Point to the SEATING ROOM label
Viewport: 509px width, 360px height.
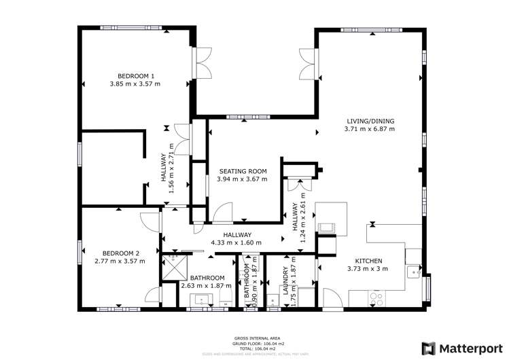click(x=242, y=171)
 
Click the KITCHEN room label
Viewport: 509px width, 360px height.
click(x=368, y=261)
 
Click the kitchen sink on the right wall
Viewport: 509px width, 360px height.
click(x=413, y=272)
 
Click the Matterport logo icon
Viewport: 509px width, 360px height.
click(x=429, y=348)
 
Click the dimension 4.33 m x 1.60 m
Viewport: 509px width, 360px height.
click(x=232, y=242)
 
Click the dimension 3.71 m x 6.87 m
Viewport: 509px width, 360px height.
click(x=369, y=129)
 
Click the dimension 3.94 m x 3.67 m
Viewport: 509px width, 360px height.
click(x=242, y=179)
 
